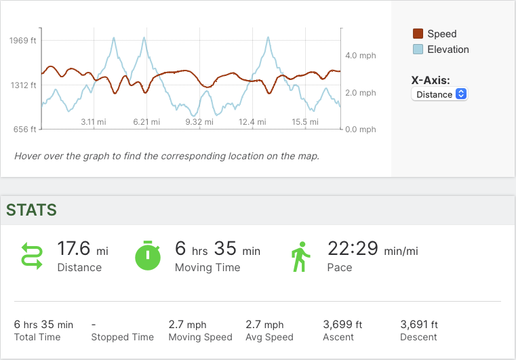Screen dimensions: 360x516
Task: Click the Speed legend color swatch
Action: click(418, 34)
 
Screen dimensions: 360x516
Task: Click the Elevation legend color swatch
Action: click(418, 49)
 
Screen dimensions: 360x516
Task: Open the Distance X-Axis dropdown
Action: click(439, 94)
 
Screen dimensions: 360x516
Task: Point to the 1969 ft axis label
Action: click(23, 41)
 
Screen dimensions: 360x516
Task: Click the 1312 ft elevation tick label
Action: click(23, 85)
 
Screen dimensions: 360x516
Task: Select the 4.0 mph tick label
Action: click(360, 56)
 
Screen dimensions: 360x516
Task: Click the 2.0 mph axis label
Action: click(360, 93)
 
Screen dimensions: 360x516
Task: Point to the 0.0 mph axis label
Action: click(360, 129)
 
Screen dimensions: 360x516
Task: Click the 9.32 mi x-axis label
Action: click(199, 122)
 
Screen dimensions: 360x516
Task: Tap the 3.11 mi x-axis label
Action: click(94, 122)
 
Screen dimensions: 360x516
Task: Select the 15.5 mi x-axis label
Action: click(304, 122)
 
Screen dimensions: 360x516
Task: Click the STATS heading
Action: click(31, 210)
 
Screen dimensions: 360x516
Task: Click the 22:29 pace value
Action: click(353, 249)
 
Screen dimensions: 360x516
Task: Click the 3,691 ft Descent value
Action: click(419, 325)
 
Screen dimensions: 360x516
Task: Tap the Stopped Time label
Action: click(123, 337)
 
